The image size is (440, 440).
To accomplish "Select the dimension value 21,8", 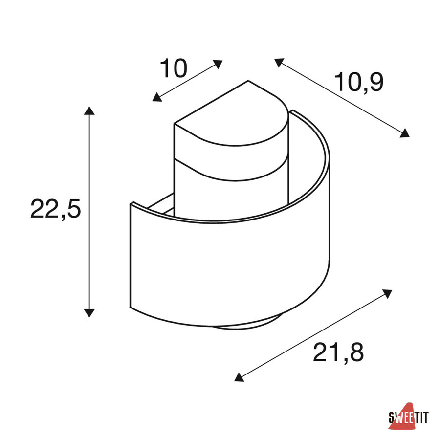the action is pos(338,352).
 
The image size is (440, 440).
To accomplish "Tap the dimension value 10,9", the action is pos(359,82).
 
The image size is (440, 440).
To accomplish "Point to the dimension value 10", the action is pos(174,68).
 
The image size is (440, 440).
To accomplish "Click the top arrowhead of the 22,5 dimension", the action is pos(89,111).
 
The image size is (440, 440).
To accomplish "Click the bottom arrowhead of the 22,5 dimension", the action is pos(89,313).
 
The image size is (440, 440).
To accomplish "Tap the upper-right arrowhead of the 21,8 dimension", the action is pos(387,293).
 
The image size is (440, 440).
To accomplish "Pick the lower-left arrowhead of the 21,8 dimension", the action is pos(239,377).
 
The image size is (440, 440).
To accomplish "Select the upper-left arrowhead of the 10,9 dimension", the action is pos(279,63).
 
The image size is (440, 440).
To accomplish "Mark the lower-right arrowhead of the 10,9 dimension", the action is pos(404,132).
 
